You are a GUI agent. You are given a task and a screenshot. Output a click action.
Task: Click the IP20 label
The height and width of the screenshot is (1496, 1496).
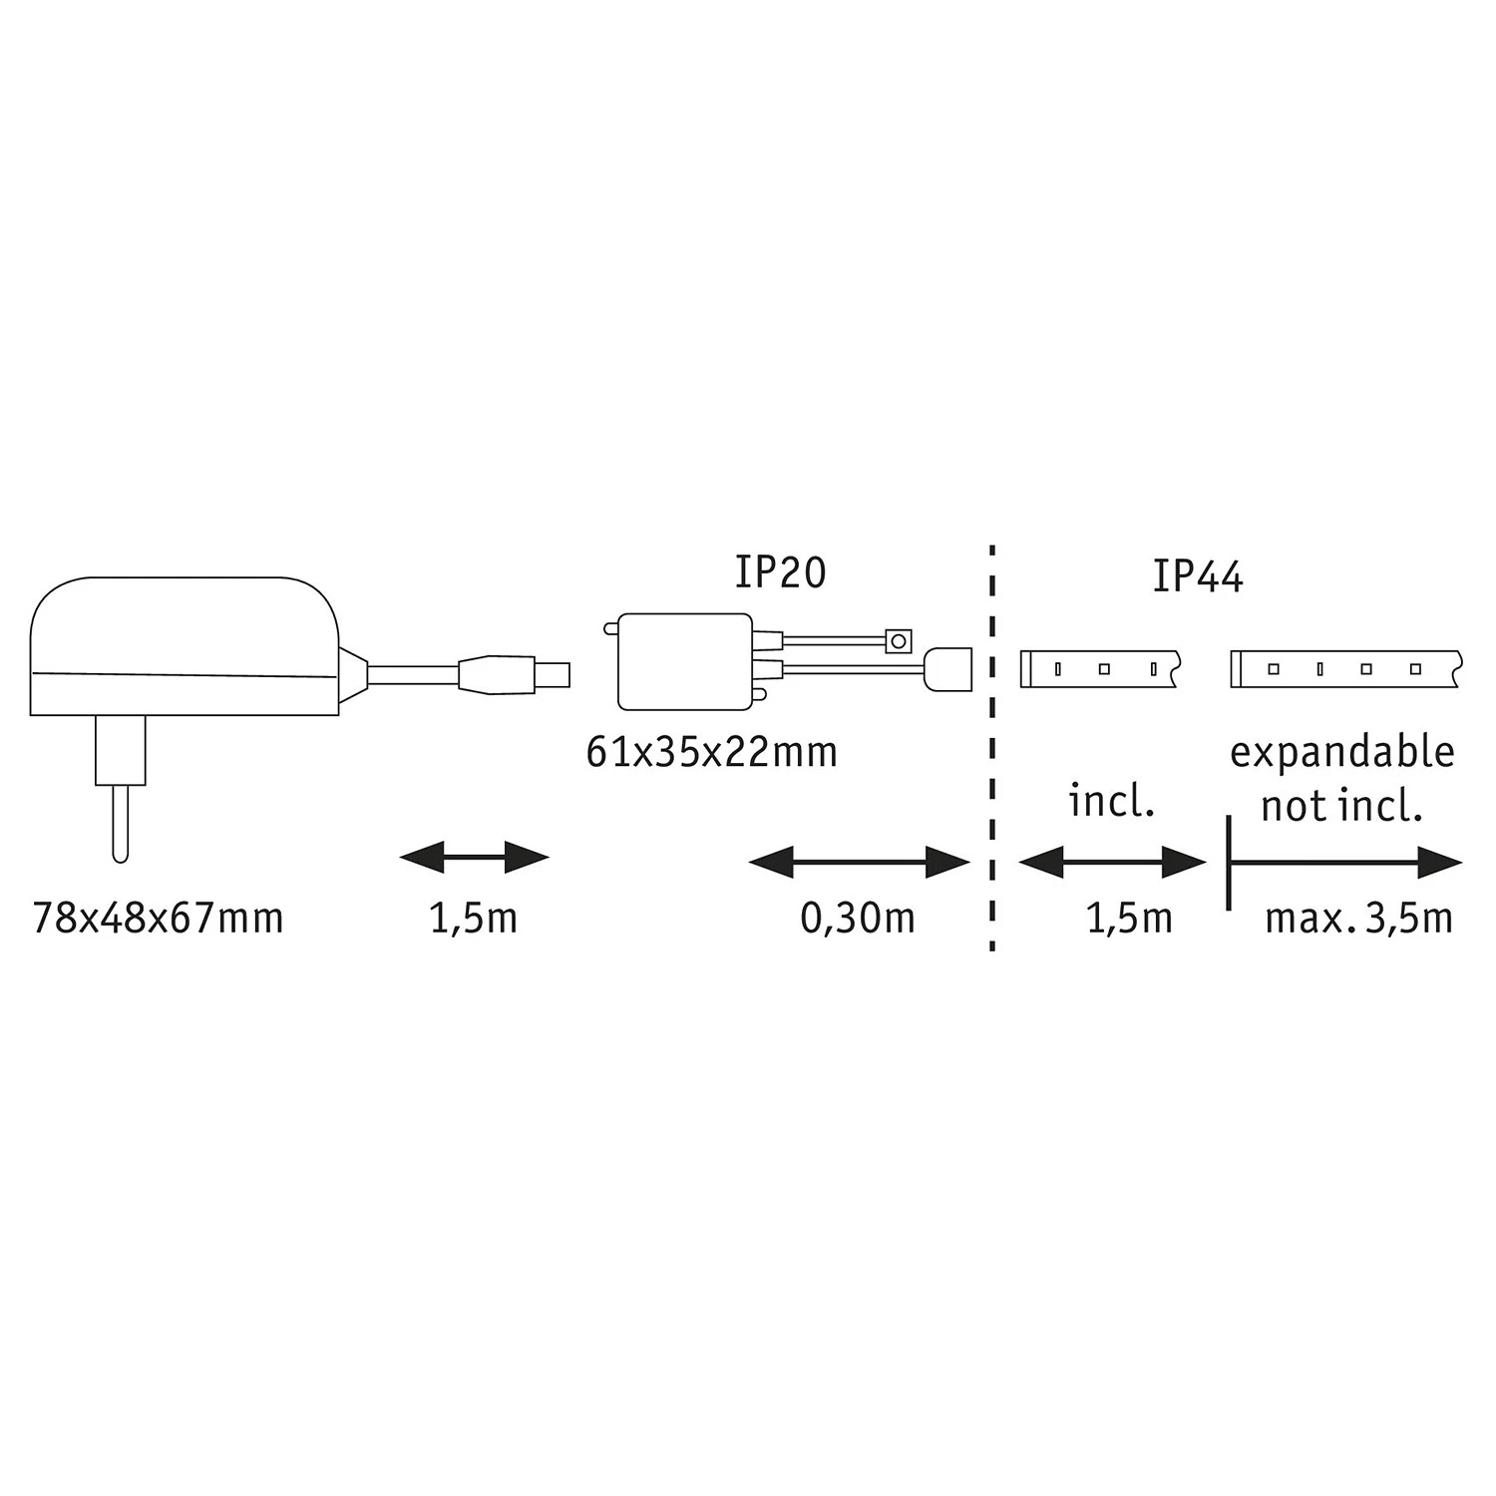click(x=780, y=572)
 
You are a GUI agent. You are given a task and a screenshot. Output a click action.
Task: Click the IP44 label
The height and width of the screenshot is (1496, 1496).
click(x=1197, y=577)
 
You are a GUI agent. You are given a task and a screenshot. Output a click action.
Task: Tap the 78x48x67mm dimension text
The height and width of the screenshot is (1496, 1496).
click(x=158, y=918)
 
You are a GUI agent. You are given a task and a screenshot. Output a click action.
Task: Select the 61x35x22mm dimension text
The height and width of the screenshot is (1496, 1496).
click(x=711, y=752)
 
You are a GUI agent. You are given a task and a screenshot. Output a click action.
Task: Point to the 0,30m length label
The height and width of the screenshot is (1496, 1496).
click(x=857, y=918)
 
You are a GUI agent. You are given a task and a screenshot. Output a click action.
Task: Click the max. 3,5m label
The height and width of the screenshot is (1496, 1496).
click(x=1357, y=918)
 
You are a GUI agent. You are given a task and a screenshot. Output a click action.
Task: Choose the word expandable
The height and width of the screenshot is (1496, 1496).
click(x=1341, y=752)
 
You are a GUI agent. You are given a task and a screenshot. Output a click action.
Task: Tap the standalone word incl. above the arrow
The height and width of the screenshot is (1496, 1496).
click(x=1111, y=801)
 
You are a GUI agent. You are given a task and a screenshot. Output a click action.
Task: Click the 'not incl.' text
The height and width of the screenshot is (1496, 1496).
click(x=1341, y=806)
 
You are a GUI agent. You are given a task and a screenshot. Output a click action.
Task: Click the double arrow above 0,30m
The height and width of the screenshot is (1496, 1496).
click(x=859, y=863)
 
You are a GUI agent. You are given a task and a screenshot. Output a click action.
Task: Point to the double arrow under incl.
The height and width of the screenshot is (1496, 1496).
click(x=1112, y=863)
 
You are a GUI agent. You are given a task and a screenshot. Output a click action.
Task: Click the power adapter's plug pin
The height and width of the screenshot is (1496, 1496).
click(x=120, y=818)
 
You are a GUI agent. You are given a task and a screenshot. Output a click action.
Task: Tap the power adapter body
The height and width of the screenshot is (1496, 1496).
click(x=185, y=643)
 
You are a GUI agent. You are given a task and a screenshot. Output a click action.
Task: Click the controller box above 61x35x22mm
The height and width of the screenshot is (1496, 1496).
click(x=685, y=661)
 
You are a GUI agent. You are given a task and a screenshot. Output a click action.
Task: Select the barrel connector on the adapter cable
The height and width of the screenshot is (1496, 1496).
click(x=514, y=674)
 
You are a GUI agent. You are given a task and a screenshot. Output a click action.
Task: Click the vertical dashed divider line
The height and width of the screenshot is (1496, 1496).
click(x=992, y=748)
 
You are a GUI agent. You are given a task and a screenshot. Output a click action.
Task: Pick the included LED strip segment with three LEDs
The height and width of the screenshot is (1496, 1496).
click(x=1100, y=669)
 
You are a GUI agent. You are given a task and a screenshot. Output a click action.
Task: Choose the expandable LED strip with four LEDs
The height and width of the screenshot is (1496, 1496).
click(x=1345, y=669)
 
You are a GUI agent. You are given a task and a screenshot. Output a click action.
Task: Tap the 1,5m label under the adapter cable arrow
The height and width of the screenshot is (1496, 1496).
click(x=474, y=918)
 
